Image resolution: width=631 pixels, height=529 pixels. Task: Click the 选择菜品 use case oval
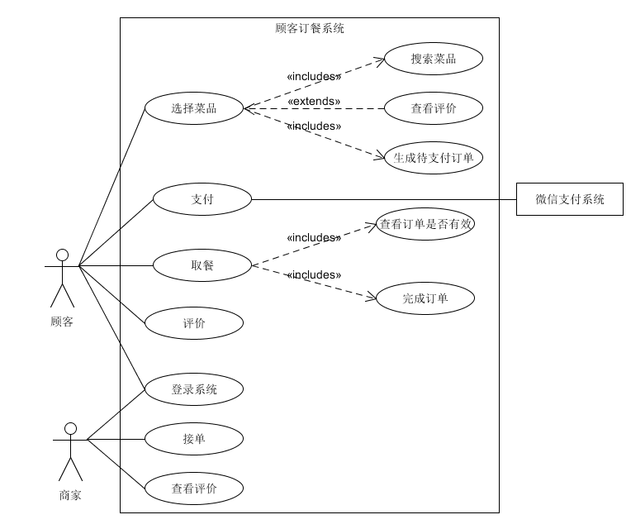pos(194,107)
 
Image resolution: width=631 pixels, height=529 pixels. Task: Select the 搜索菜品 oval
pos(433,59)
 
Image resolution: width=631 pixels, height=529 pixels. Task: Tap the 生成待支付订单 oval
pos(433,157)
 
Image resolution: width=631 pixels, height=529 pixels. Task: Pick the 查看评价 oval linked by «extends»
pos(433,107)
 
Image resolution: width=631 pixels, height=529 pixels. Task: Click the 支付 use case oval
pos(202,198)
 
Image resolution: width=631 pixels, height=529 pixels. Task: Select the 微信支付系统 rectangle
pos(569,199)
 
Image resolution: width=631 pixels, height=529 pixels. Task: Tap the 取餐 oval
pos(202,265)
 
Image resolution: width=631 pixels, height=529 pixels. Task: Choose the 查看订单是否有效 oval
pos(425,223)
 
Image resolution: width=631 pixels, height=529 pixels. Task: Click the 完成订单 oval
pos(425,298)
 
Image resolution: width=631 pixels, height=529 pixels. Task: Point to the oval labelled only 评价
pos(194,323)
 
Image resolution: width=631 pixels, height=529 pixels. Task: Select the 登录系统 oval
pos(194,389)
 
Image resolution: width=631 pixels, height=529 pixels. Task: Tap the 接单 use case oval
pos(194,439)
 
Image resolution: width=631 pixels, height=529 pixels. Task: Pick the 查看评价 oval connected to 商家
pos(194,488)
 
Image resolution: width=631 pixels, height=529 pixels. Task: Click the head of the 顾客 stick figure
pos(60,254)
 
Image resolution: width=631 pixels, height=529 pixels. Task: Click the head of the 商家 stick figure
pos(70,428)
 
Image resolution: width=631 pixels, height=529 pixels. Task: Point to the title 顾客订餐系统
pos(309,28)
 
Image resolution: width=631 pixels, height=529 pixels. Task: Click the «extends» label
pos(313,101)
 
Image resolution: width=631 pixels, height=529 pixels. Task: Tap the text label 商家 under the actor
pos(70,496)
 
